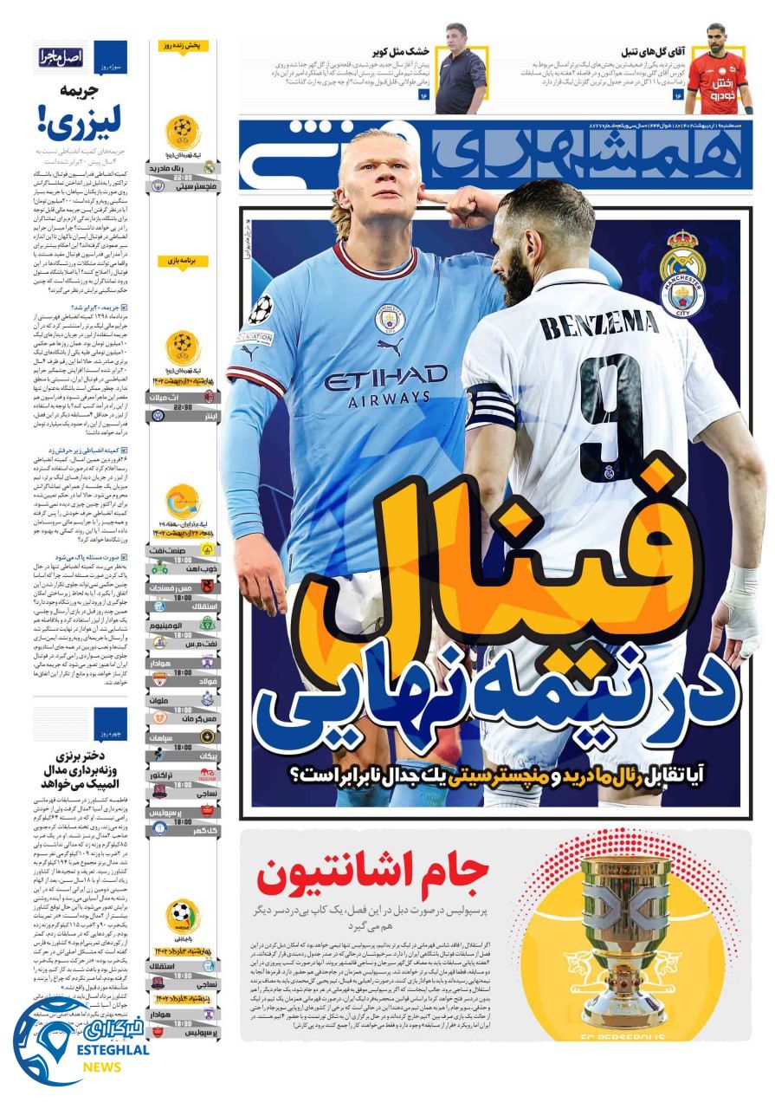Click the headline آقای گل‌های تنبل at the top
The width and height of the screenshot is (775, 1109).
(x=642, y=51)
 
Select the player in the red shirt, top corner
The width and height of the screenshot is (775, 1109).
(x=716, y=71)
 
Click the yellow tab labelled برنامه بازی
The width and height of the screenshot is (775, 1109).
(x=183, y=260)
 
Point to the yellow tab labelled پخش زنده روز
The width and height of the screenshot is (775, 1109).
(x=183, y=46)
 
